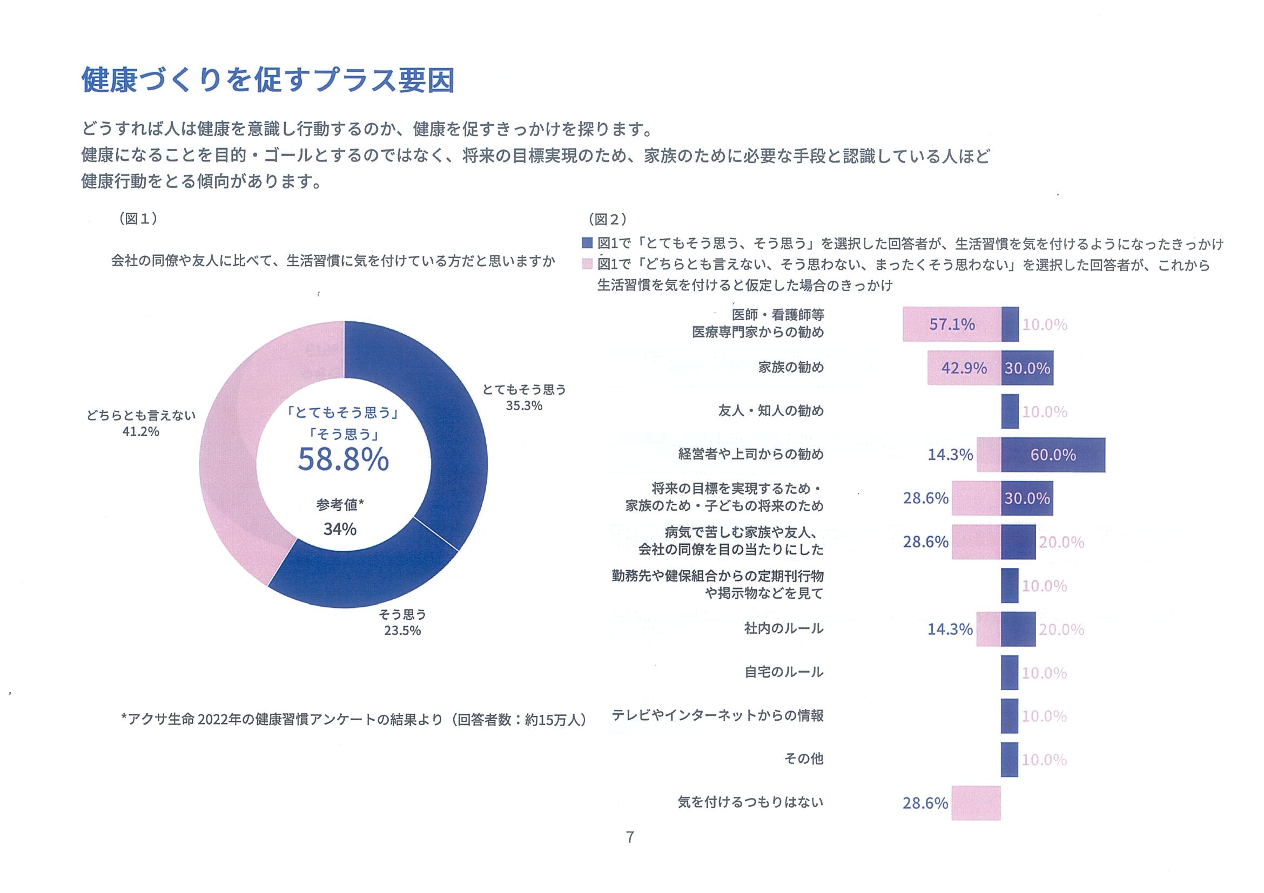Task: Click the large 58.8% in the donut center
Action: pyautogui.click(x=343, y=459)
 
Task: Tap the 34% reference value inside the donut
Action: pyautogui.click(x=340, y=529)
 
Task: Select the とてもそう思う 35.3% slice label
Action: pyautogui.click(x=523, y=397)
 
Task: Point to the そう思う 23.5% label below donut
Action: pyautogui.click(x=402, y=623)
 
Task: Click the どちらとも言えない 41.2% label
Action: pyautogui.click(x=141, y=423)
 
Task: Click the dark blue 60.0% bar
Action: pyautogui.click(x=1052, y=455)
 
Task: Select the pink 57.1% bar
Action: pyautogui.click(x=951, y=324)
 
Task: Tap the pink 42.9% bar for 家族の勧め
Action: pyautogui.click(x=964, y=368)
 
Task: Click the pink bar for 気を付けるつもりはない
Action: pyautogui.click(x=976, y=803)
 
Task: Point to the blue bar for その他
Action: pyautogui.click(x=1009, y=759)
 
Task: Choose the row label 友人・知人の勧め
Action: pyautogui.click(x=771, y=411)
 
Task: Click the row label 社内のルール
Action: pyautogui.click(x=783, y=628)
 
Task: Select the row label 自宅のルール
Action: pyautogui.click(x=783, y=672)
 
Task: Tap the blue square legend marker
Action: pyautogui.click(x=587, y=242)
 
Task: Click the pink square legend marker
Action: pyautogui.click(x=587, y=264)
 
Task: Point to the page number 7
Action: pyautogui.click(x=630, y=837)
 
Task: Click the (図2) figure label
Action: pyautogui.click(x=607, y=219)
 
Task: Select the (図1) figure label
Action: pyautogui.click(x=138, y=219)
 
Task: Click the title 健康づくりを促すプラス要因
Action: pyautogui.click(x=268, y=80)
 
